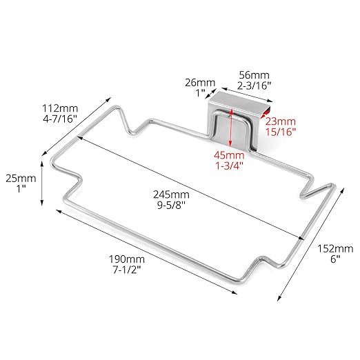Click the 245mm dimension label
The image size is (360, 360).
(171, 194)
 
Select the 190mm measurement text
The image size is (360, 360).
(127, 259)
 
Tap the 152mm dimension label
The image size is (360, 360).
(335, 248)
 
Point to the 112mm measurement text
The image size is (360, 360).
(60, 108)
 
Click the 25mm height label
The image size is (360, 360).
(21, 179)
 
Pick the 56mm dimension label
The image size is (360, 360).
(254, 75)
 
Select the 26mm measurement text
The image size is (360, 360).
(200, 83)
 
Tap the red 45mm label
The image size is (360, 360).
(229, 155)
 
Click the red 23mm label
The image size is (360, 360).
(281, 121)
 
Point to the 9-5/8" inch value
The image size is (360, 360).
(171, 205)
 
